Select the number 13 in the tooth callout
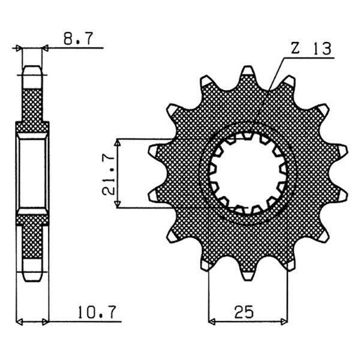319,50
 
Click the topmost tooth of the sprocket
248,74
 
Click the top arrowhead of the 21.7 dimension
119,143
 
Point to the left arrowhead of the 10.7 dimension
19,322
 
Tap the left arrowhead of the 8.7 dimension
19,47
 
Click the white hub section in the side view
32,173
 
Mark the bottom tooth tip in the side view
32,277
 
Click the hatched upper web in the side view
32,105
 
